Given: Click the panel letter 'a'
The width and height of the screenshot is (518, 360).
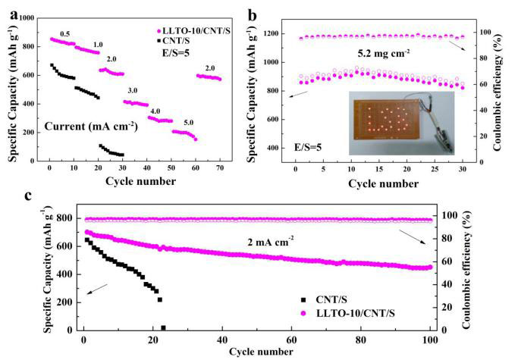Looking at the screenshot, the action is point(14,15).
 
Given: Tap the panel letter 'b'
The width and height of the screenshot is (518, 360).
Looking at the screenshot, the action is point(252,15).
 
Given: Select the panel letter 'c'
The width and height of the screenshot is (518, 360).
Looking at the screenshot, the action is point(29,196).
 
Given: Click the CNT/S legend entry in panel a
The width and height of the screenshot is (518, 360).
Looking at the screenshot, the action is point(174,41).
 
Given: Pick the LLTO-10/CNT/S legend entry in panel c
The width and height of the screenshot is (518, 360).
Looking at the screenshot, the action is point(347,313).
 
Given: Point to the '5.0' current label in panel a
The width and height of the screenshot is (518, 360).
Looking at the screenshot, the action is point(188,123).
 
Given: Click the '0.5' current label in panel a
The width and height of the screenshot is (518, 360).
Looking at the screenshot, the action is point(64,34).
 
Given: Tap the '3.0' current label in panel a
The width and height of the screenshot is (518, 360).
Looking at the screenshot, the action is point(133,90).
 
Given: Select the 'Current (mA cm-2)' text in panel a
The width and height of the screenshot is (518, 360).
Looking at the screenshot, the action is point(91,127).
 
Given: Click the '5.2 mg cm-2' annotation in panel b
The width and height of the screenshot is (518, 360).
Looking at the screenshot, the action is point(384,52).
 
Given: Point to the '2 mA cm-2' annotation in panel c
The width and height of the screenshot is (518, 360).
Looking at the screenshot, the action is point(271,242).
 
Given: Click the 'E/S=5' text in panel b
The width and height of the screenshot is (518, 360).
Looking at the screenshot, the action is point(308,147).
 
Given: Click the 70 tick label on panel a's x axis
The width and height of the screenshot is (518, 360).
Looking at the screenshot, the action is point(220,167).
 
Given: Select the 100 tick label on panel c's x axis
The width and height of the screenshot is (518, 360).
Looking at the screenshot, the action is point(430,340).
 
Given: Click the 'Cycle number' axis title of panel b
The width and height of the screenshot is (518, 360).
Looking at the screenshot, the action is point(383,183).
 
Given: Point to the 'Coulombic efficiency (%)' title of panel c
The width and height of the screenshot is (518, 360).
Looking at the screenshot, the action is point(466,270).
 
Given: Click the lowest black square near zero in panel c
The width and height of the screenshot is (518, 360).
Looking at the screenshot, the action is point(163,328).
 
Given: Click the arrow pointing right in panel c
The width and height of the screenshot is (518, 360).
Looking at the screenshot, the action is point(413,236).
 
